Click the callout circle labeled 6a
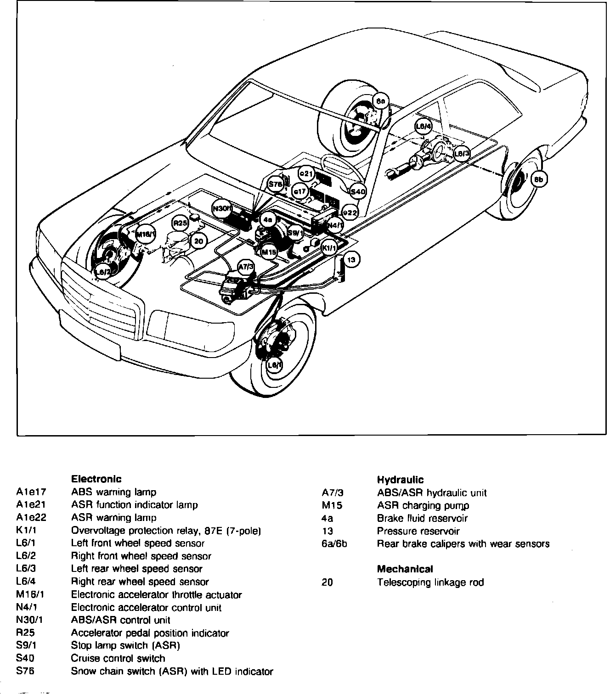click(x=381, y=101)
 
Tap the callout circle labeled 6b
click(x=539, y=179)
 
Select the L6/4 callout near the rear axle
click(x=423, y=126)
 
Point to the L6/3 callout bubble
click(x=461, y=153)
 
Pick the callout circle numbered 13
click(x=351, y=260)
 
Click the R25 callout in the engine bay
click(x=180, y=224)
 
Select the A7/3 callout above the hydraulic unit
click(x=246, y=267)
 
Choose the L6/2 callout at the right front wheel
click(x=102, y=273)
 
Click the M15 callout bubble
click(x=269, y=252)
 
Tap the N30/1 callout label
click(x=223, y=208)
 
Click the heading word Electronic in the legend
click(x=96, y=479)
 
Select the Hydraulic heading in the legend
click(x=400, y=480)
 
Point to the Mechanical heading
click(x=405, y=569)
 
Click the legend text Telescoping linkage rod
click(x=430, y=582)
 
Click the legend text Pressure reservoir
click(x=418, y=531)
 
